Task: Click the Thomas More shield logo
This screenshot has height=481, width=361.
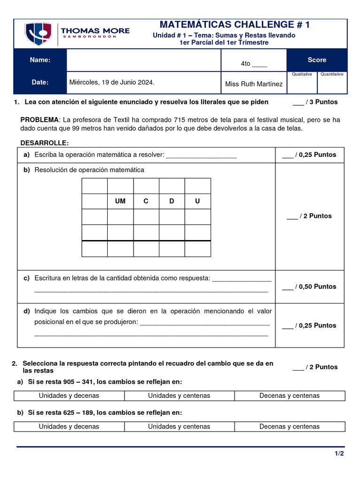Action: click(x=38, y=33)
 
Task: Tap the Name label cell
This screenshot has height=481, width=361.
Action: click(x=40, y=60)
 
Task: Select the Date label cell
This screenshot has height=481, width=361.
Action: click(x=40, y=83)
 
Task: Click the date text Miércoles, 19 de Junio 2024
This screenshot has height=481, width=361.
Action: click(x=112, y=82)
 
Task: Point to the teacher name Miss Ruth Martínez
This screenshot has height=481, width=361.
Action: click(x=254, y=84)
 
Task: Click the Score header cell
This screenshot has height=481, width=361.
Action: click(x=317, y=60)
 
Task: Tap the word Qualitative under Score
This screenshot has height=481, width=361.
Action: click(x=302, y=74)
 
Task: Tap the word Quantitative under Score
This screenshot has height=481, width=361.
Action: click(x=332, y=74)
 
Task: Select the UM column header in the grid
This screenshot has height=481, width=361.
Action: click(x=120, y=201)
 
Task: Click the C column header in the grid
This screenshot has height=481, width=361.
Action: click(x=146, y=201)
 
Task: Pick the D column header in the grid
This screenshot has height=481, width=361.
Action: click(x=172, y=201)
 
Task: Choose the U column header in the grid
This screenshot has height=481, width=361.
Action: click(x=197, y=201)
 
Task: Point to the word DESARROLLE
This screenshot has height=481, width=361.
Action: click(x=45, y=143)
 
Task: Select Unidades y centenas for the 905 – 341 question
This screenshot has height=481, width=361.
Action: click(x=179, y=396)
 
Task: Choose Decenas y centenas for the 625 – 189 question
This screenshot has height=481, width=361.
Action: click(x=289, y=427)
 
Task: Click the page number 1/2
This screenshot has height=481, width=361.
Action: click(x=339, y=453)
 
